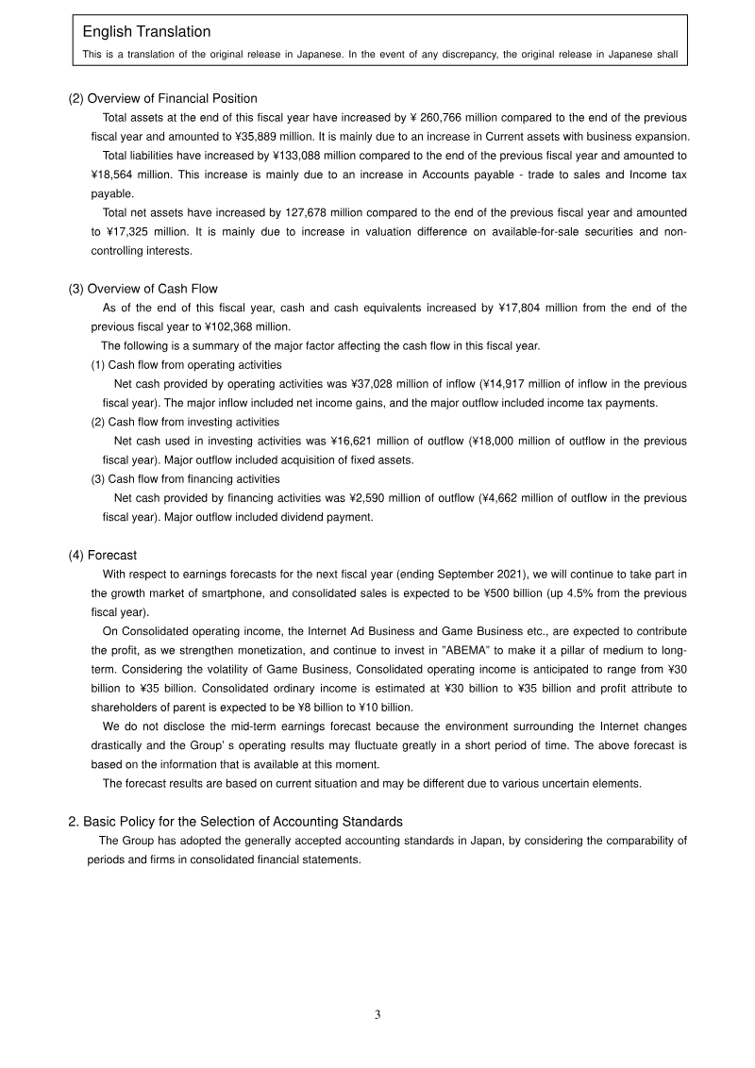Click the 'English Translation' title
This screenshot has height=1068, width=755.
coord(146,33)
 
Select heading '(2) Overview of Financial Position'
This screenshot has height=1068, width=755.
coord(162,98)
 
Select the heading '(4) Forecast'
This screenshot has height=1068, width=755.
coord(103,555)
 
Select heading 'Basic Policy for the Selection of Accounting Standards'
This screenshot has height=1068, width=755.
coord(243,822)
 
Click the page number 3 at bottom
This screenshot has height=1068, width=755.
coord(377,1015)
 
